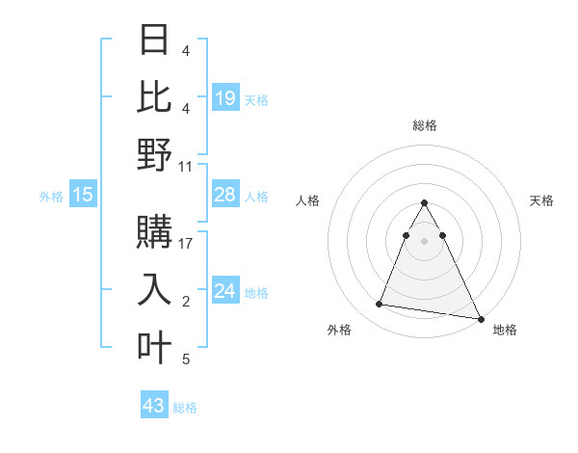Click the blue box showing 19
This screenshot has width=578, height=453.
(224, 98)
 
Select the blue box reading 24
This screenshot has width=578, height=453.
(224, 291)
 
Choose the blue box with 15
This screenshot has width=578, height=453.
(83, 196)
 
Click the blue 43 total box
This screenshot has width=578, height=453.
(153, 406)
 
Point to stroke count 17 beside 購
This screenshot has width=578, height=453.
(186, 243)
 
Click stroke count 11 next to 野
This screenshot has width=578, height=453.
(186, 166)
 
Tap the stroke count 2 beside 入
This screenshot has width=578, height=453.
(186, 302)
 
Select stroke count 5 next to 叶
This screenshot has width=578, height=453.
(186, 360)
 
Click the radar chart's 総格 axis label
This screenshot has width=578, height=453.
(424, 125)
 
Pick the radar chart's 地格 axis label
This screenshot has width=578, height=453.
(505, 330)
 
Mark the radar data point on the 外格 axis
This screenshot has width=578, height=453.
(380, 305)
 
